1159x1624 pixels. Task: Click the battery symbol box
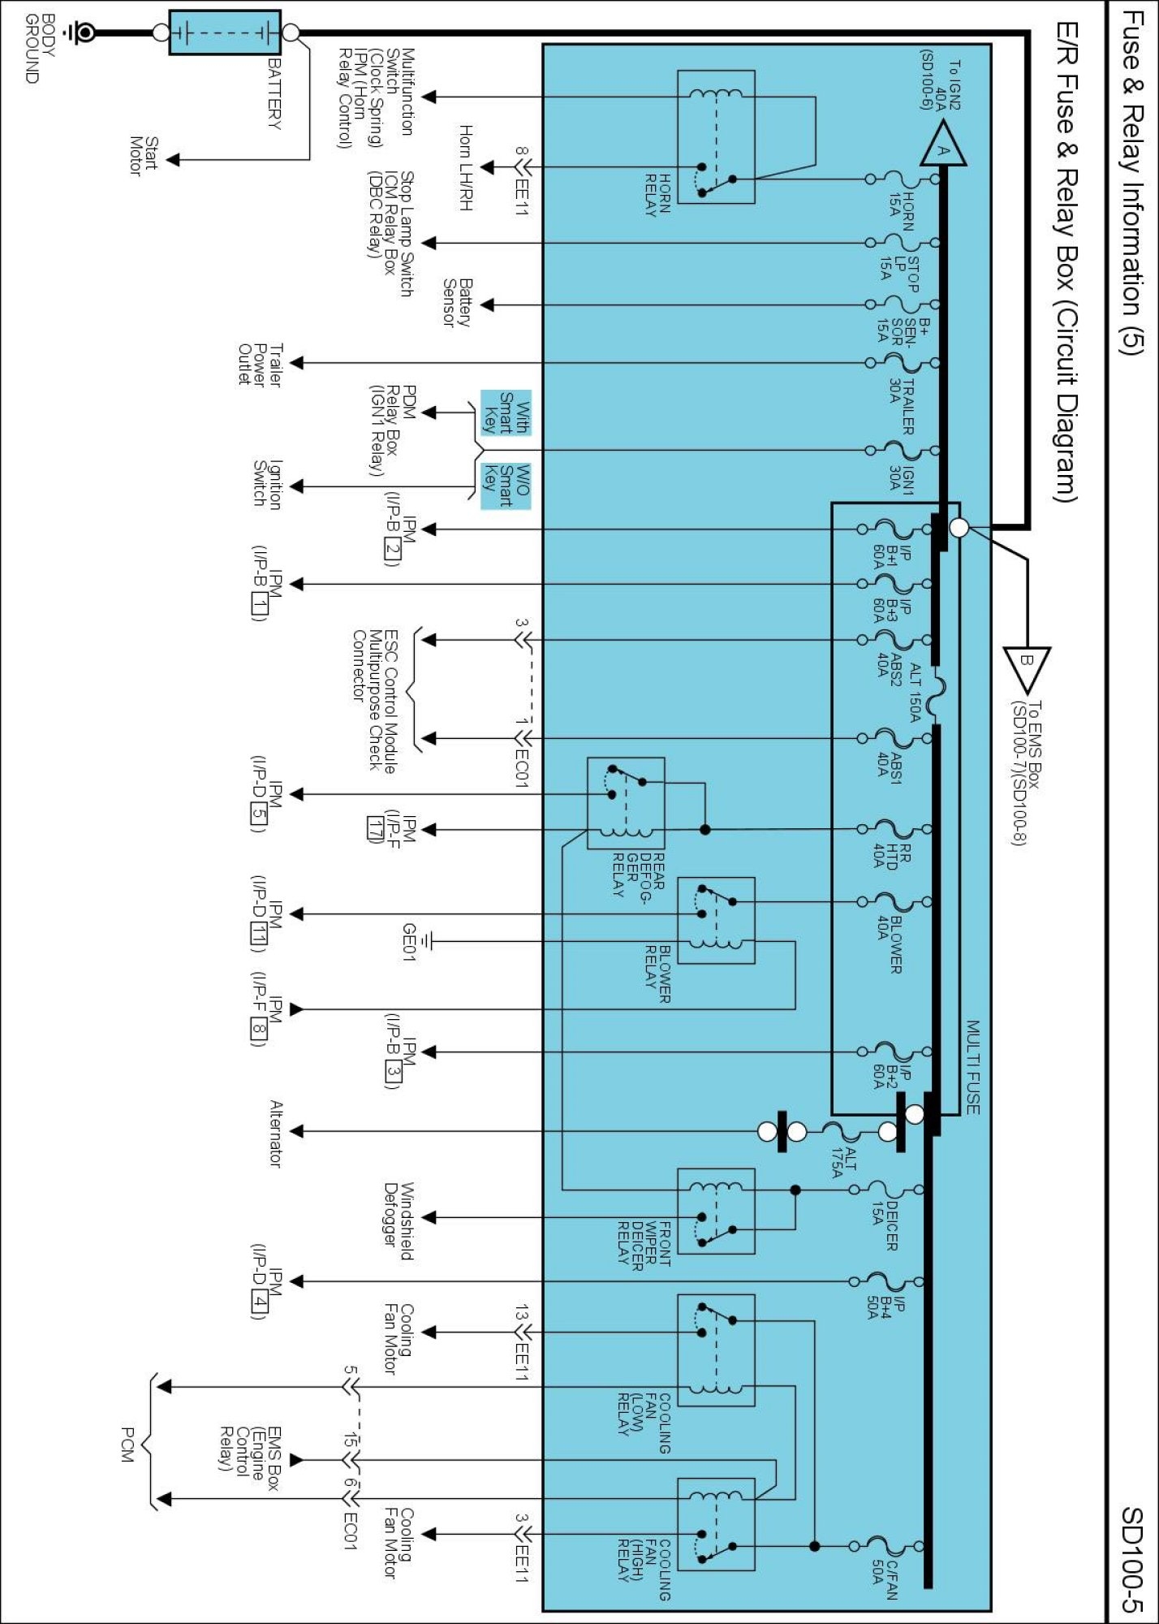225,32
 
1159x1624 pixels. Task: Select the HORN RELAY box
716,136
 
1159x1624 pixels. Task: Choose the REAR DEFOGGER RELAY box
626,803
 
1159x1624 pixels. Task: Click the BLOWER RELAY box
716,920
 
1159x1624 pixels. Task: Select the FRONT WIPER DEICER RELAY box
716,1212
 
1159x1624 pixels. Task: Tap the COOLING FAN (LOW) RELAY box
716,1350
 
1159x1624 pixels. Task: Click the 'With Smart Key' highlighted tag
506,412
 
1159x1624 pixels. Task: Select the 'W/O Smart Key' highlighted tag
506,486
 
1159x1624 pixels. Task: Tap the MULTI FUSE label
972,1067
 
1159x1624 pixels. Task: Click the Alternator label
276,1134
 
